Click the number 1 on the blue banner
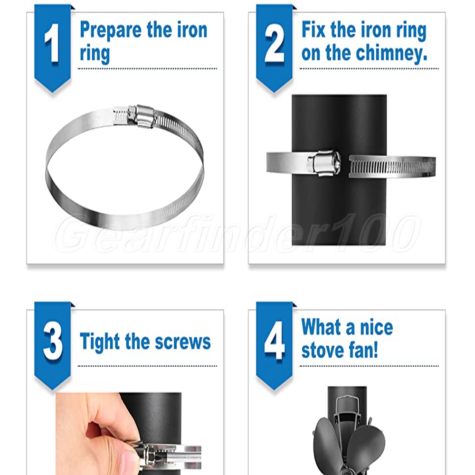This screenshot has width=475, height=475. tap(52, 43)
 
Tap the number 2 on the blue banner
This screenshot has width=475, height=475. tap(274, 43)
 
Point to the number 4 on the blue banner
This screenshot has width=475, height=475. tap(275, 341)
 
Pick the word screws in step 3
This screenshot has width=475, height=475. tap(183, 342)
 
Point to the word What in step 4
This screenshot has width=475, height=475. tap(322, 327)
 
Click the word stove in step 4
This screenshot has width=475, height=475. tap(323, 351)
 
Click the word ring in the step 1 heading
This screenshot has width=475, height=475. tap(95, 55)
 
